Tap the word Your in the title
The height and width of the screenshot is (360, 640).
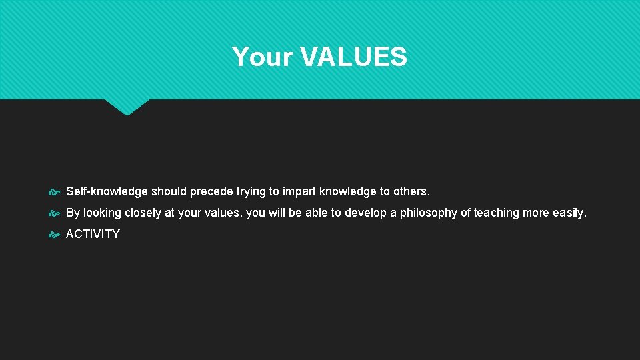pyautogui.click(x=263, y=57)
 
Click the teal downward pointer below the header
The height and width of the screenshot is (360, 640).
pyautogui.click(x=127, y=107)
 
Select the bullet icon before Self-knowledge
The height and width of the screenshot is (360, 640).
pyautogui.click(x=55, y=192)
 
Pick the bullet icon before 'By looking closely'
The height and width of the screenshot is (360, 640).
pyautogui.click(x=55, y=213)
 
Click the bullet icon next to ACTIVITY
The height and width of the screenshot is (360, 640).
pyautogui.click(x=55, y=235)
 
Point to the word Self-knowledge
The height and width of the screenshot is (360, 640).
pyautogui.click(x=107, y=192)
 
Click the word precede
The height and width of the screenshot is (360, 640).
pyautogui.click(x=211, y=192)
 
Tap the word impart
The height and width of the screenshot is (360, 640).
pyautogui.click(x=299, y=192)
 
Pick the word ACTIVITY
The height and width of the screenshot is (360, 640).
pyautogui.click(x=93, y=235)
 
